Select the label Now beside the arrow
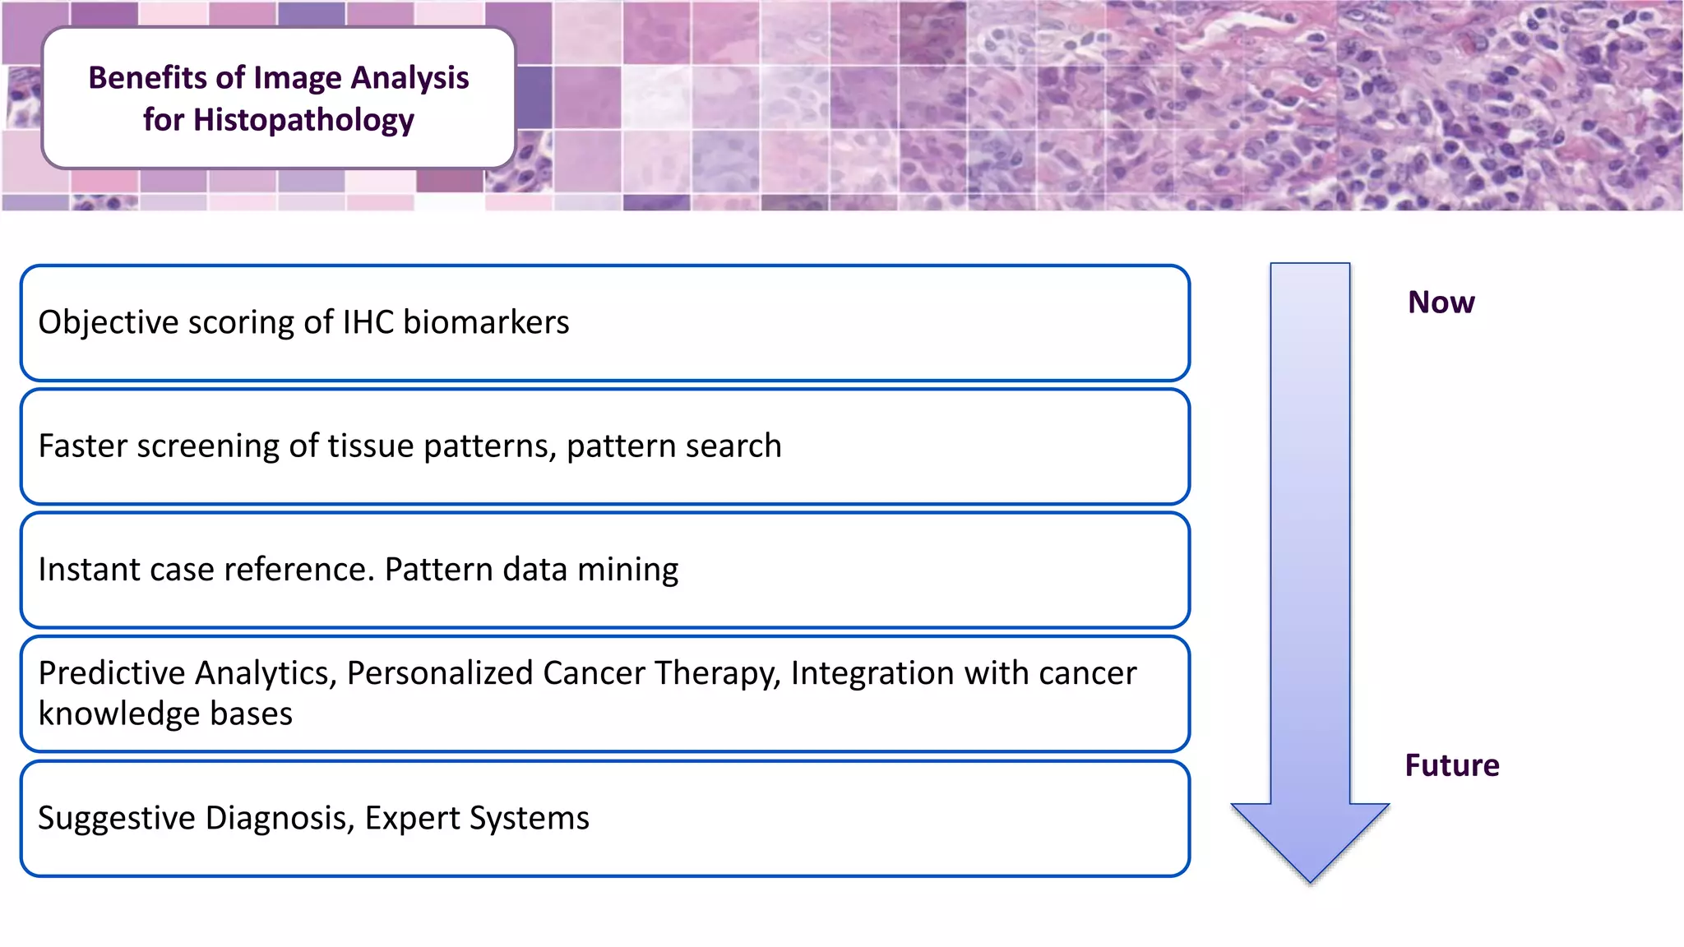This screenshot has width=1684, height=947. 1441,303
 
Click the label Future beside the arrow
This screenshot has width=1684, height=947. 1451,765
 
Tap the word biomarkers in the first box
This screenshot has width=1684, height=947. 486,322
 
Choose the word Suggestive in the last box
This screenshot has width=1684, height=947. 116,818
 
